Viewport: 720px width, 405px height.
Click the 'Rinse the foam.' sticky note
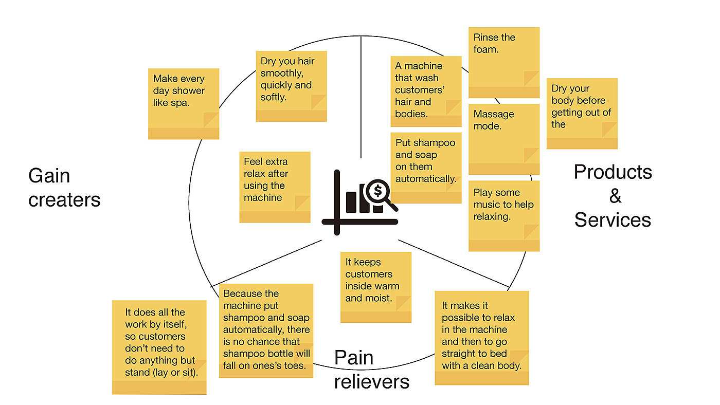coord(504,62)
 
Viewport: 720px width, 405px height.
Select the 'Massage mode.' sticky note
coord(504,139)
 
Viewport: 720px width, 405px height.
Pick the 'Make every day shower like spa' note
coord(184,103)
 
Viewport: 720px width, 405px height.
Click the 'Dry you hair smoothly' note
coord(291,86)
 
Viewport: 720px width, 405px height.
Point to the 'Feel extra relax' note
coord(275,187)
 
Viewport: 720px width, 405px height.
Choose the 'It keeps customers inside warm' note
coord(376,287)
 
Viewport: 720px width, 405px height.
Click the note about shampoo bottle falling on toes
coord(266,330)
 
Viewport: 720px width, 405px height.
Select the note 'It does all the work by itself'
coord(159,347)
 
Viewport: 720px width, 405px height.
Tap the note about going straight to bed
coord(481,337)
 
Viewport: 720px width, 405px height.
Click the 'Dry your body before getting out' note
coord(582,113)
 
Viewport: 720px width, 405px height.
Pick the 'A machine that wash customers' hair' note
coord(426,91)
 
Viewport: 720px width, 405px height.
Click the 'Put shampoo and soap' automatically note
coord(426,168)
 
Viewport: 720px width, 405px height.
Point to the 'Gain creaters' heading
coord(64,188)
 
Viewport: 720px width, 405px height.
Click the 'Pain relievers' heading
coord(371,370)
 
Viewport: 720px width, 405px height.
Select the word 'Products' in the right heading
coord(613,172)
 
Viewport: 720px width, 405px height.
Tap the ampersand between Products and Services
coord(615,196)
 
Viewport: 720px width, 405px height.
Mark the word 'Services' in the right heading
coord(613,220)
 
